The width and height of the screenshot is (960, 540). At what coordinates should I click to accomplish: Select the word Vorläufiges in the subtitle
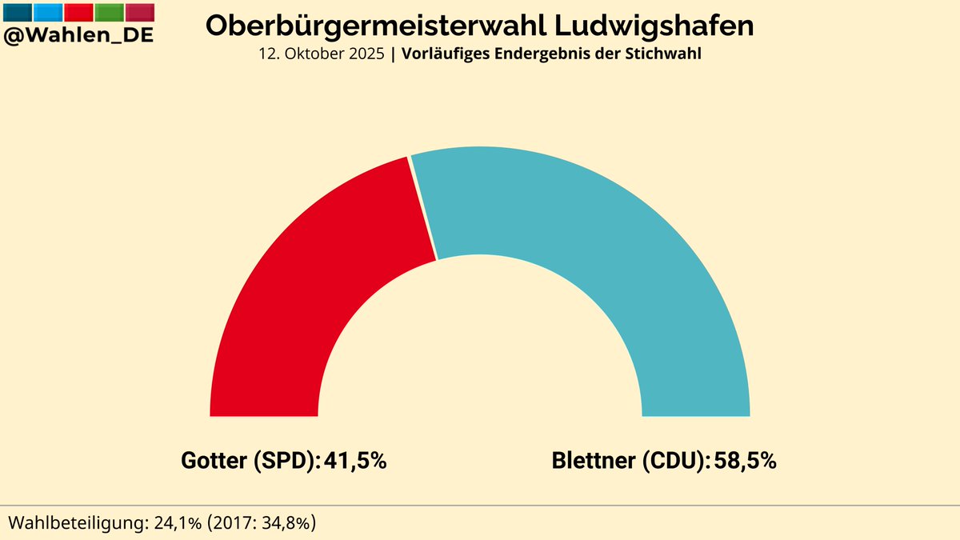pyautogui.click(x=441, y=55)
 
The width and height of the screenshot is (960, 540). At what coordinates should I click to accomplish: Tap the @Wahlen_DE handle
pyautogui.click(x=78, y=35)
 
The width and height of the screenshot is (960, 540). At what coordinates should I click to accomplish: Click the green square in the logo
pyautogui.click(x=110, y=12)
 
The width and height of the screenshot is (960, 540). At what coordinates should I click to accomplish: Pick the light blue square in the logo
pyautogui.click(x=48, y=12)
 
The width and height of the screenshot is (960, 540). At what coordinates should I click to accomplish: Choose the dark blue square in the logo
pyautogui.click(x=18, y=12)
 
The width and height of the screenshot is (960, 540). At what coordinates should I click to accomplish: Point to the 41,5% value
pyautogui.click(x=355, y=462)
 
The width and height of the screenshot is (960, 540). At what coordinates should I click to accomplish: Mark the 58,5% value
pyautogui.click(x=745, y=462)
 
